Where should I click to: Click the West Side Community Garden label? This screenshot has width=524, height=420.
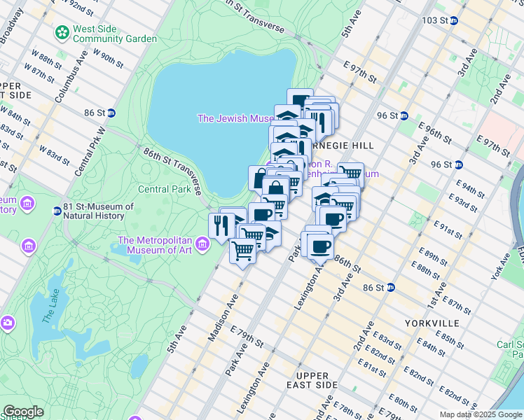[x=116, y=34]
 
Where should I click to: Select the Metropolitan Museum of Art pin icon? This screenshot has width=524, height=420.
[x=202, y=244]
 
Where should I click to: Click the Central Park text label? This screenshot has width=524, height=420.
[x=164, y=189]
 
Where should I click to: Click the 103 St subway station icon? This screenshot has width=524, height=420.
[x=453, y=20]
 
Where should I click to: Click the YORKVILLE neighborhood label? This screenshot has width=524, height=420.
[x=432, y=323]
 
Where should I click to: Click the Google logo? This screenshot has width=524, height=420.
[x=23, y=412]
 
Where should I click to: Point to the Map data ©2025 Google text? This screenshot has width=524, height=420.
[x=479, y=414]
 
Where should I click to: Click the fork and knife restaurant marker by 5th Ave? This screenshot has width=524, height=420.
[x=219, y=225]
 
